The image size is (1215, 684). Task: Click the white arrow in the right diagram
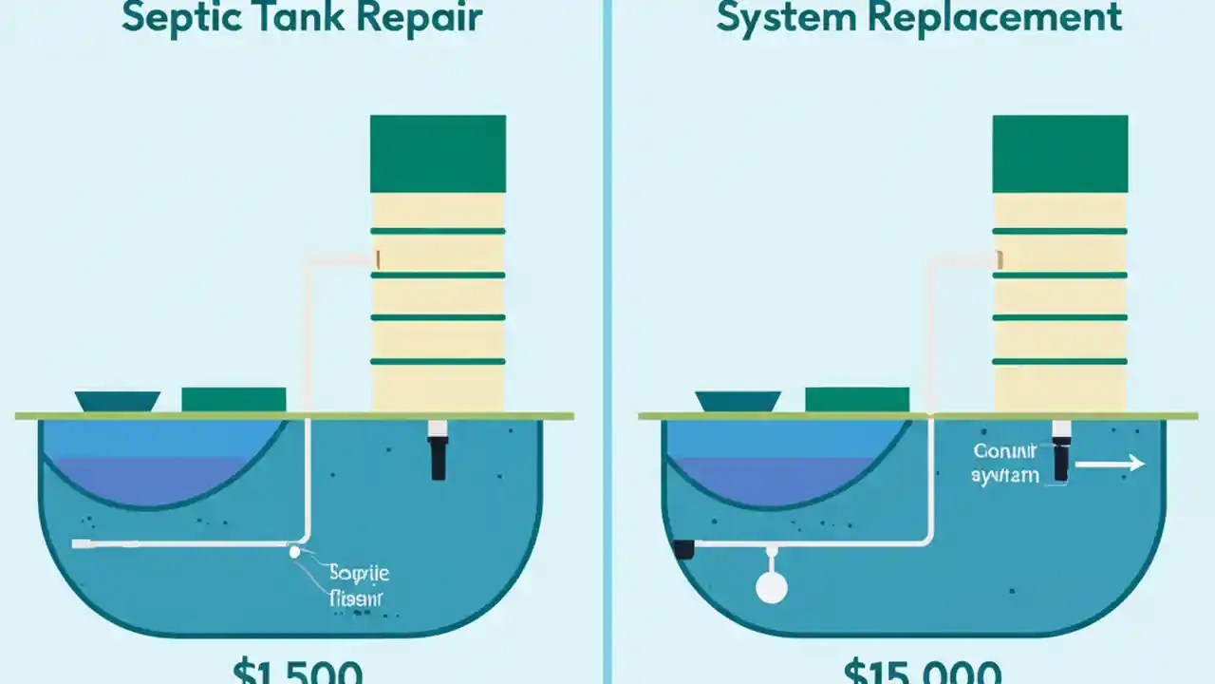(x=1111, y=465)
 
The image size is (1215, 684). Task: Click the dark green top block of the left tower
(x=438, y=154)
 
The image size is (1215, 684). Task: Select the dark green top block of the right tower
(x=1059, y=154)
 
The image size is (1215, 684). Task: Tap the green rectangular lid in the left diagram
(x=234, y=399)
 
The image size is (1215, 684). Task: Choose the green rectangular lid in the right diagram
(x=856, y=399)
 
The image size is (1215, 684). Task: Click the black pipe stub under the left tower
(x=438, y=458)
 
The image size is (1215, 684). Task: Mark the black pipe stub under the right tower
(x=1060, y=458)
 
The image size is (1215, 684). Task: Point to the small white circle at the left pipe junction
(x=295, y=551)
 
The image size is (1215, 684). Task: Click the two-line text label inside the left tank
(x=358, y=586)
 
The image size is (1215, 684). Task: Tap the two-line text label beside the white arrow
(x=1005, y=465)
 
